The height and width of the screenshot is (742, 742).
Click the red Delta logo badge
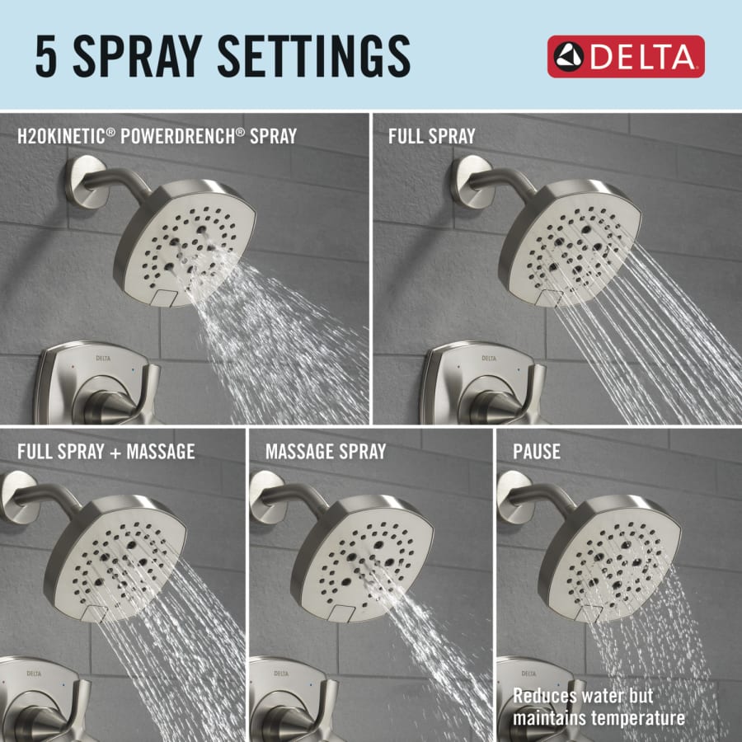coord(626,56)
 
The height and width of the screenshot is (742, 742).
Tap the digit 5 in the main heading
coord(46,56)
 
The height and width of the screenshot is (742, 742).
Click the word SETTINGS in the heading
coord(314,56)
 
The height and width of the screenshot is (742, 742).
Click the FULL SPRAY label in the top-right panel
coord(431,136)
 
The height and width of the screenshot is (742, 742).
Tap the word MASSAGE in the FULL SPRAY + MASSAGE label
coord(161,452)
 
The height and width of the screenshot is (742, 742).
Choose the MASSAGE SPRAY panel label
coord(326,452)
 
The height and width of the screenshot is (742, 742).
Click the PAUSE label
coord(537,452)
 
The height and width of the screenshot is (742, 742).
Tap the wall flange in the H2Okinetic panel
coord(86,181)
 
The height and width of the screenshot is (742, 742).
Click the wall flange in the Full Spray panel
coord(471,181)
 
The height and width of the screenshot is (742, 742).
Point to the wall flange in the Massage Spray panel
coord(267,497)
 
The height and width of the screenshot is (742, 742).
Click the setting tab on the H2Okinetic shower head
coord(165,298)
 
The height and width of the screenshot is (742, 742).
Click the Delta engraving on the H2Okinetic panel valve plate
coord(103,359)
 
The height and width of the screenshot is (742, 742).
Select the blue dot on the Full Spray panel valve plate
coord(519,369)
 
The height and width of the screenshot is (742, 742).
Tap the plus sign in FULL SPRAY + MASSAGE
coord(115,453)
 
